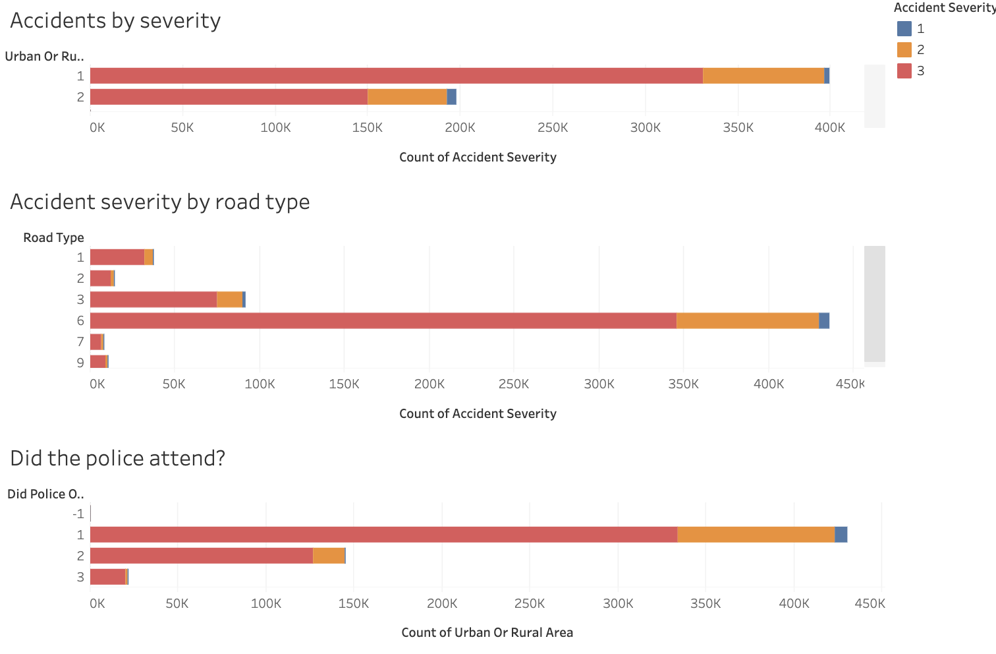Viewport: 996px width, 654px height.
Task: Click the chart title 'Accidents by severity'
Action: click(x=115, y=20)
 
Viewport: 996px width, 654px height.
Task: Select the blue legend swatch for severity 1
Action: click(x=904, y=28)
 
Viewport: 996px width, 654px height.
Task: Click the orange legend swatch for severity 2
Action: click(x=904, y=49)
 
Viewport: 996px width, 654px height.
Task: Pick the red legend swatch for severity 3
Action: click(x=904, y=71)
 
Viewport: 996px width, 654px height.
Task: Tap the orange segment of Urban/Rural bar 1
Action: click(x=763, y=76)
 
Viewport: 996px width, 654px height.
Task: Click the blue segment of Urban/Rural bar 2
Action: click(x=451, y=97)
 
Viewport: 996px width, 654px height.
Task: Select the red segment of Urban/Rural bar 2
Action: click(x=229, y=97)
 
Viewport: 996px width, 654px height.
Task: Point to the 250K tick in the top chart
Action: click(x=552, y=128)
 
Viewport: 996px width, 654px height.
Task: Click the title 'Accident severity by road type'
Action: click(x=160, y=202)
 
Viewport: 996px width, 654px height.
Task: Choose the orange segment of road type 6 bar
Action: click(x=748, y=320)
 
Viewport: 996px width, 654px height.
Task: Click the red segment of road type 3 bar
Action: click(x=153, y=299)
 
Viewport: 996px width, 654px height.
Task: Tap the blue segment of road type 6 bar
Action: click(x=824, y=320)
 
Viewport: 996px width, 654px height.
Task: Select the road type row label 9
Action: click(x=80, y=363)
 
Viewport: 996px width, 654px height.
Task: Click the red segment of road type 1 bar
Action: click(x=117, y=257)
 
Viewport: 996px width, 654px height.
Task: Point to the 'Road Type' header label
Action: click(x=53, y=237)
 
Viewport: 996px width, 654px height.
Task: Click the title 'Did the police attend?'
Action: click(x=118, y=458)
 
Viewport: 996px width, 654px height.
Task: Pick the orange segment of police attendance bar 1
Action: click(x=756, y=535)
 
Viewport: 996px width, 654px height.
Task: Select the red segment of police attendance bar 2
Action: click(x=202, y=556)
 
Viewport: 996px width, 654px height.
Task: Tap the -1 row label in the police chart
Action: click(x=78, y=514)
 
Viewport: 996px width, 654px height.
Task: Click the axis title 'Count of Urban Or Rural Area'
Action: click(x=487, y=632)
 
